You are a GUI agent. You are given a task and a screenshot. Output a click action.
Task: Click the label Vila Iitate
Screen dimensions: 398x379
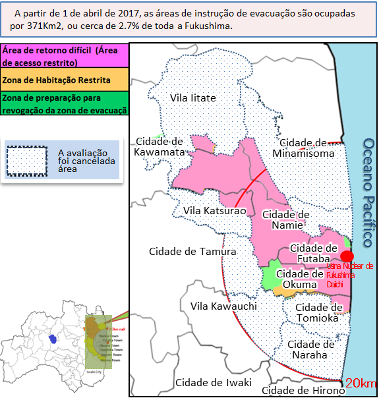tap(193, 98)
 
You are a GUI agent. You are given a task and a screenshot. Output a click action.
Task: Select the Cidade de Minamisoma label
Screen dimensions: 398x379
tap(307, 148)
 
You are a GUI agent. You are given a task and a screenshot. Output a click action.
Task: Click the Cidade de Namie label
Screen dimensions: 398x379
tap(286, 219)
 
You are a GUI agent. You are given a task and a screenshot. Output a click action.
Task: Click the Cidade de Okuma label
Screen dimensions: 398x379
tap(300, 279)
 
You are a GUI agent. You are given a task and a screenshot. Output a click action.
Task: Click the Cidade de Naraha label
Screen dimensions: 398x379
tap(312, 349)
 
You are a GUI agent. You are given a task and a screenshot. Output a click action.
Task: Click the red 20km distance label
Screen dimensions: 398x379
tap(360, 384)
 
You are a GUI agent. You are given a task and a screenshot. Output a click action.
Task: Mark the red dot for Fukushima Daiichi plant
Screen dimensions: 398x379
tap(347, 256)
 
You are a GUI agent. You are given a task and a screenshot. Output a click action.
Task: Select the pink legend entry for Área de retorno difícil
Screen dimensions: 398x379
tap(64, 55)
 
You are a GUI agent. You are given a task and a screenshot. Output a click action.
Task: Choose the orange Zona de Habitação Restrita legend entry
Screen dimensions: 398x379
tap(64, 80)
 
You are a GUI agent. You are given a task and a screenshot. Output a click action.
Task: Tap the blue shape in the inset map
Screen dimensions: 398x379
tap(52, 338)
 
